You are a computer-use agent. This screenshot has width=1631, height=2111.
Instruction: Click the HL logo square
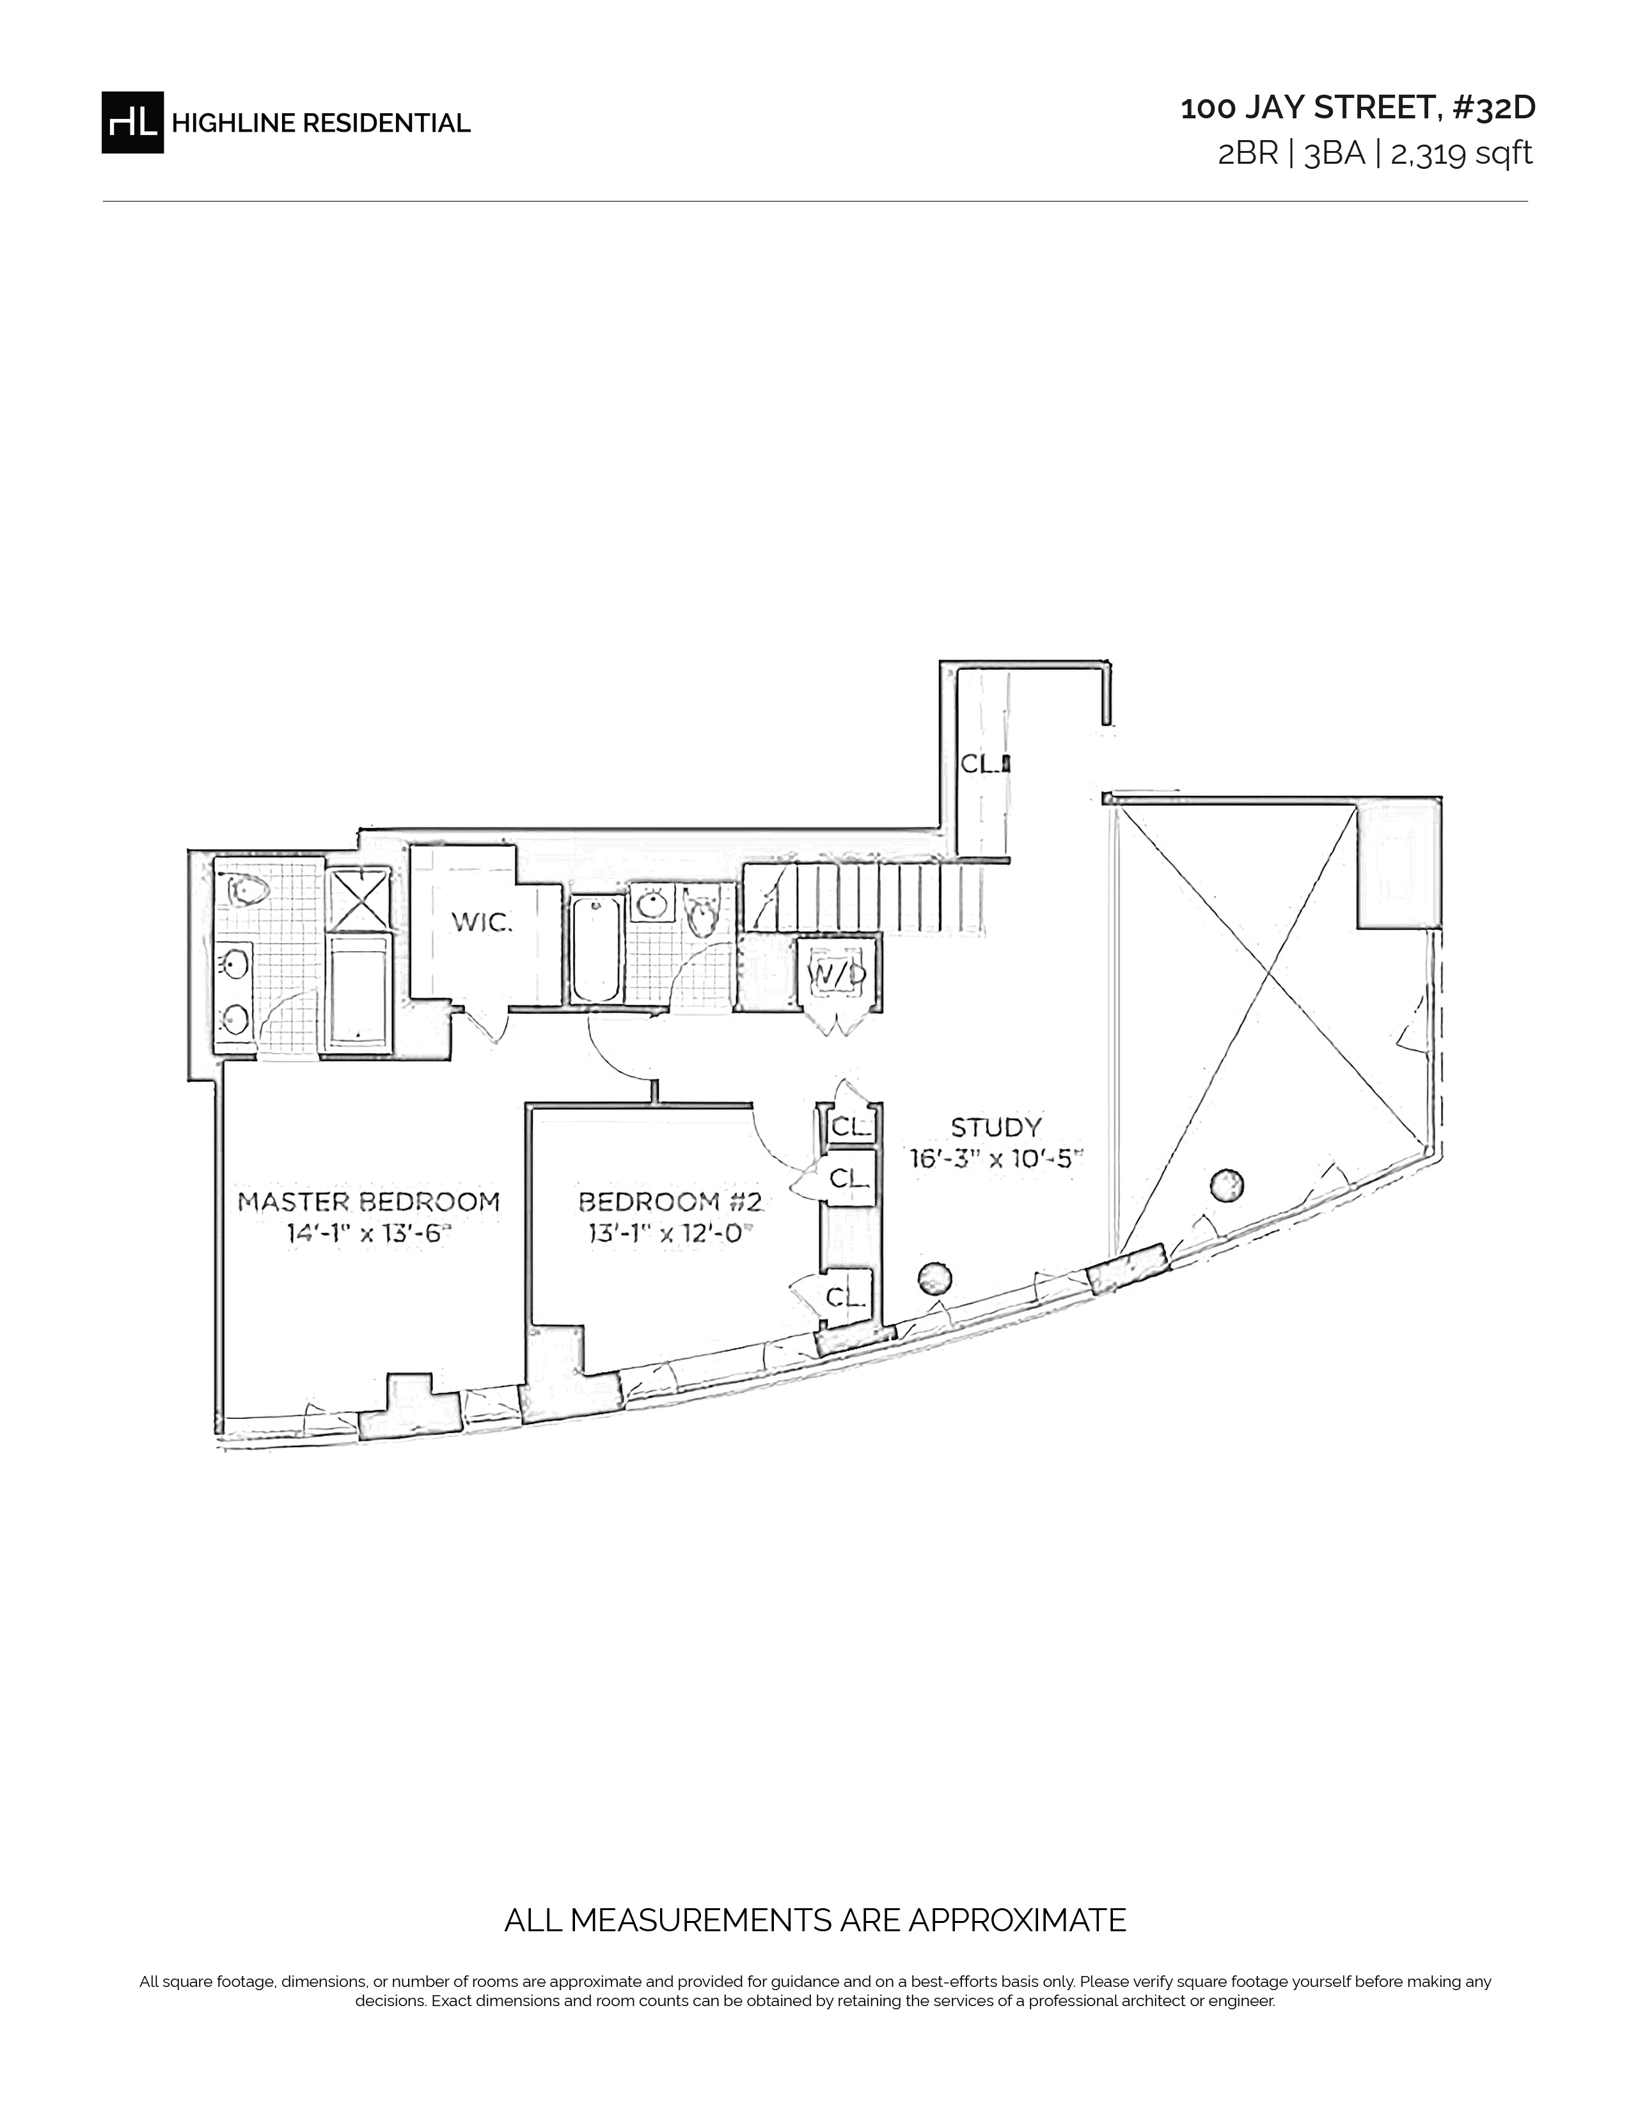tap(132, 123)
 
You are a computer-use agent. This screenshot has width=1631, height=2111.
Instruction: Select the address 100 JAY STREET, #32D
tap(1357, 108)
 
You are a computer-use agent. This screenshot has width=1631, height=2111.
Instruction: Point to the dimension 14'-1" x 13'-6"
tap(369, 1235)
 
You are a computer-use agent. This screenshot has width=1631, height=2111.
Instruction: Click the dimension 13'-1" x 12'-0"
tap(670, 1235)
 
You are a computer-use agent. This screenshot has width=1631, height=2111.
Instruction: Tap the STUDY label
tap(996, 1127)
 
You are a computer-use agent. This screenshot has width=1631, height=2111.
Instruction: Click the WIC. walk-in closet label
tap(482, 923)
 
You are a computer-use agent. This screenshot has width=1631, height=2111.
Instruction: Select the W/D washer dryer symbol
tap(837, 974)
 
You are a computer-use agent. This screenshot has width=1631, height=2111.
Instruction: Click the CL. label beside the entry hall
tap(982, 764)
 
